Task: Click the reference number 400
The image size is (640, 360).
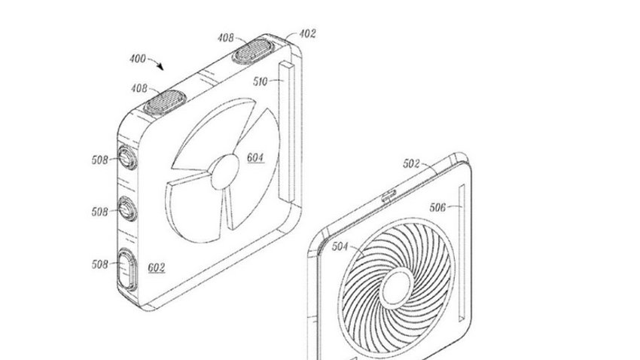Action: tap(138, 59)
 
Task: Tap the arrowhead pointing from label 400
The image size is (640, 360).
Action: tap(161, 66)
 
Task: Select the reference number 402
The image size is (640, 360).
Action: tap(307, 33)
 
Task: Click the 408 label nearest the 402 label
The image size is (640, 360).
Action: tap(225, 38)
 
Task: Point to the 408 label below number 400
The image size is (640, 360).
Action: tap(139, 88)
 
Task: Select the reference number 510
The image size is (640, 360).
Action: tap(260, 81)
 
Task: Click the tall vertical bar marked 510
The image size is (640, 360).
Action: tap(287, 130)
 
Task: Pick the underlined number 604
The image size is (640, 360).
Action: tap(255, 157)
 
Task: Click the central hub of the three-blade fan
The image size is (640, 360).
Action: tap(224, 172)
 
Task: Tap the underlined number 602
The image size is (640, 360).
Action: tap(157, 268)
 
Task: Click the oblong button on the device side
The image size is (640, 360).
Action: tap(127, 270)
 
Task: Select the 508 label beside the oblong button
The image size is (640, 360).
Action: tap(100, 264)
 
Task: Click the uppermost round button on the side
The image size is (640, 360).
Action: tap(127, 157)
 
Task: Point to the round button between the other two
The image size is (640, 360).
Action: tap(127, 209)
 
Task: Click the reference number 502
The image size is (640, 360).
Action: tap(411, 163)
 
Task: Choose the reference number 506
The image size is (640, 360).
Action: tap(437, 207)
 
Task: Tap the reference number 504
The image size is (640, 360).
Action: tap(340, 246)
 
